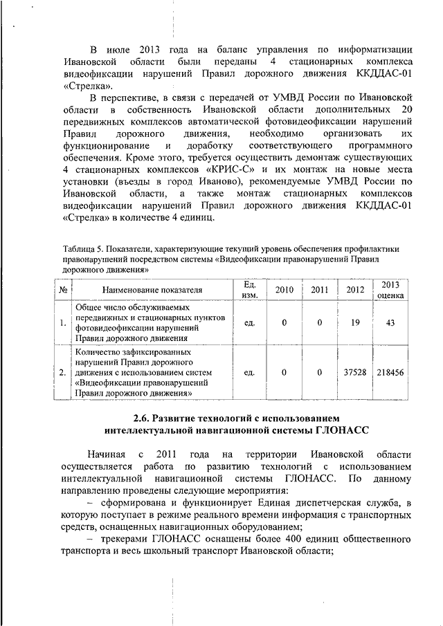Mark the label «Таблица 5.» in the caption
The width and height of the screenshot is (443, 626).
[x=80, y=249]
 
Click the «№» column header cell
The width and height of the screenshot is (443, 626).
[x=62, y=290]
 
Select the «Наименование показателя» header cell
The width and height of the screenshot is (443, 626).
[x=152, y=290]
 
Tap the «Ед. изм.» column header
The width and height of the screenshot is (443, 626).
[x=251, y=290]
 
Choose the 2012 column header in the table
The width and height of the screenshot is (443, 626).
[x=354, y=290]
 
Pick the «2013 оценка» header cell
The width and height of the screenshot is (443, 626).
[x=390, y=290]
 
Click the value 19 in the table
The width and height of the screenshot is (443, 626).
[x=354, y=322]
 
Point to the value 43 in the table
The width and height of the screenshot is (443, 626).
[x=390, y=322]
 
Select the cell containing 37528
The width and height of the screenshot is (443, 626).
[x=354, y=373]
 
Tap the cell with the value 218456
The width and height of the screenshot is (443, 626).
[x=390, y=373]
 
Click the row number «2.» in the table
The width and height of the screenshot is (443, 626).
[x=62, y=373]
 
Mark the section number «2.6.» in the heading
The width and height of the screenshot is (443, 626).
[x=146, y=418]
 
